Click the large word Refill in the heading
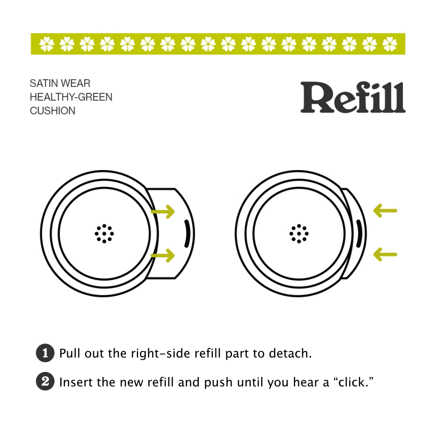353,98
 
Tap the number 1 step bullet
44,353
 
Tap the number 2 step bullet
44,382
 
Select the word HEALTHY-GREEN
71,97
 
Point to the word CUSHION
52,111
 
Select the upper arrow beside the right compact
385,211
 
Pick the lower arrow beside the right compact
385,255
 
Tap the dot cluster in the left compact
104,234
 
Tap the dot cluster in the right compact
299,234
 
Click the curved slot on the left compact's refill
187,234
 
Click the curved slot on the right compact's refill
359,234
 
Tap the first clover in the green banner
46,44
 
